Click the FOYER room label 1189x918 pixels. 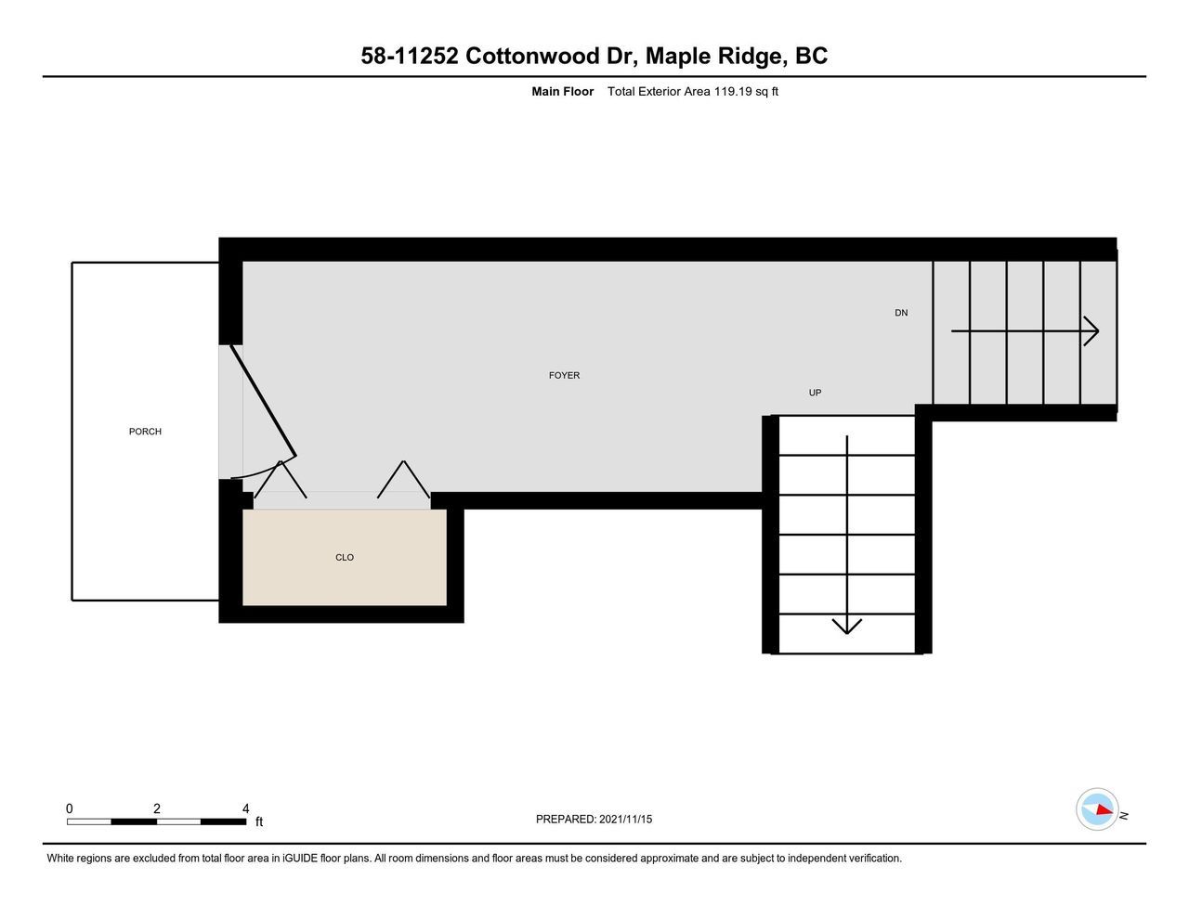(564, 375)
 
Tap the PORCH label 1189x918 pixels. (145, 432)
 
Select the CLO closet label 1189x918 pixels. (345, 557)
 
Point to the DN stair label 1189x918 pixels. (901, 313)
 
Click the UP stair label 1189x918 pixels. (815, 393)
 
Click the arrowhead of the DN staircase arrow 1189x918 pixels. (1092, 330)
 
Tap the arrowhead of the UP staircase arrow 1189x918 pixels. (847, 626)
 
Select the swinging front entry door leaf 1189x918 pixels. (263, 400)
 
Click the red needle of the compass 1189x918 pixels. (1104, 809)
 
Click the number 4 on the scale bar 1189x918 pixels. (245, 808)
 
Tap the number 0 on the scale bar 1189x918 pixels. (70, 808)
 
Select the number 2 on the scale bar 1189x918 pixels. (157, 808)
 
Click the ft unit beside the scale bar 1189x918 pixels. (259, 821)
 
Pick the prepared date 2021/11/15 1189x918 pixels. (625, 819)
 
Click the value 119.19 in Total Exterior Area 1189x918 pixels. (733, 91)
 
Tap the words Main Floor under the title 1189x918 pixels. (563, 91)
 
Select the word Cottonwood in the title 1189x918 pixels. (531, 56)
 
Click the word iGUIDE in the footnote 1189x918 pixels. (300, 858)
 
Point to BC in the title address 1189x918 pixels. (811, 56)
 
